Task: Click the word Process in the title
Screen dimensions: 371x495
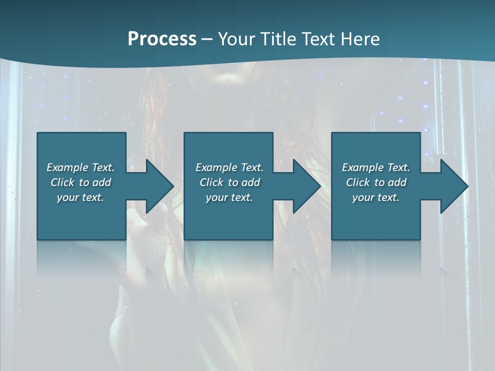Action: click(x=162, y=39)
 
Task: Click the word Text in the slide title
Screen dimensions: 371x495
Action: click(x=318, y=39)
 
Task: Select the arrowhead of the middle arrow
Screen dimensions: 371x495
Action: click(x=308, y=186)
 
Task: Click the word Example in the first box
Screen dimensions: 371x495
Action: click(x=68, y=167)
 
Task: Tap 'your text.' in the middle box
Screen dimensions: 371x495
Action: click(x=229, y=197)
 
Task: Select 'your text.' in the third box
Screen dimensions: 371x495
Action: click(x=375, y=197)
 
